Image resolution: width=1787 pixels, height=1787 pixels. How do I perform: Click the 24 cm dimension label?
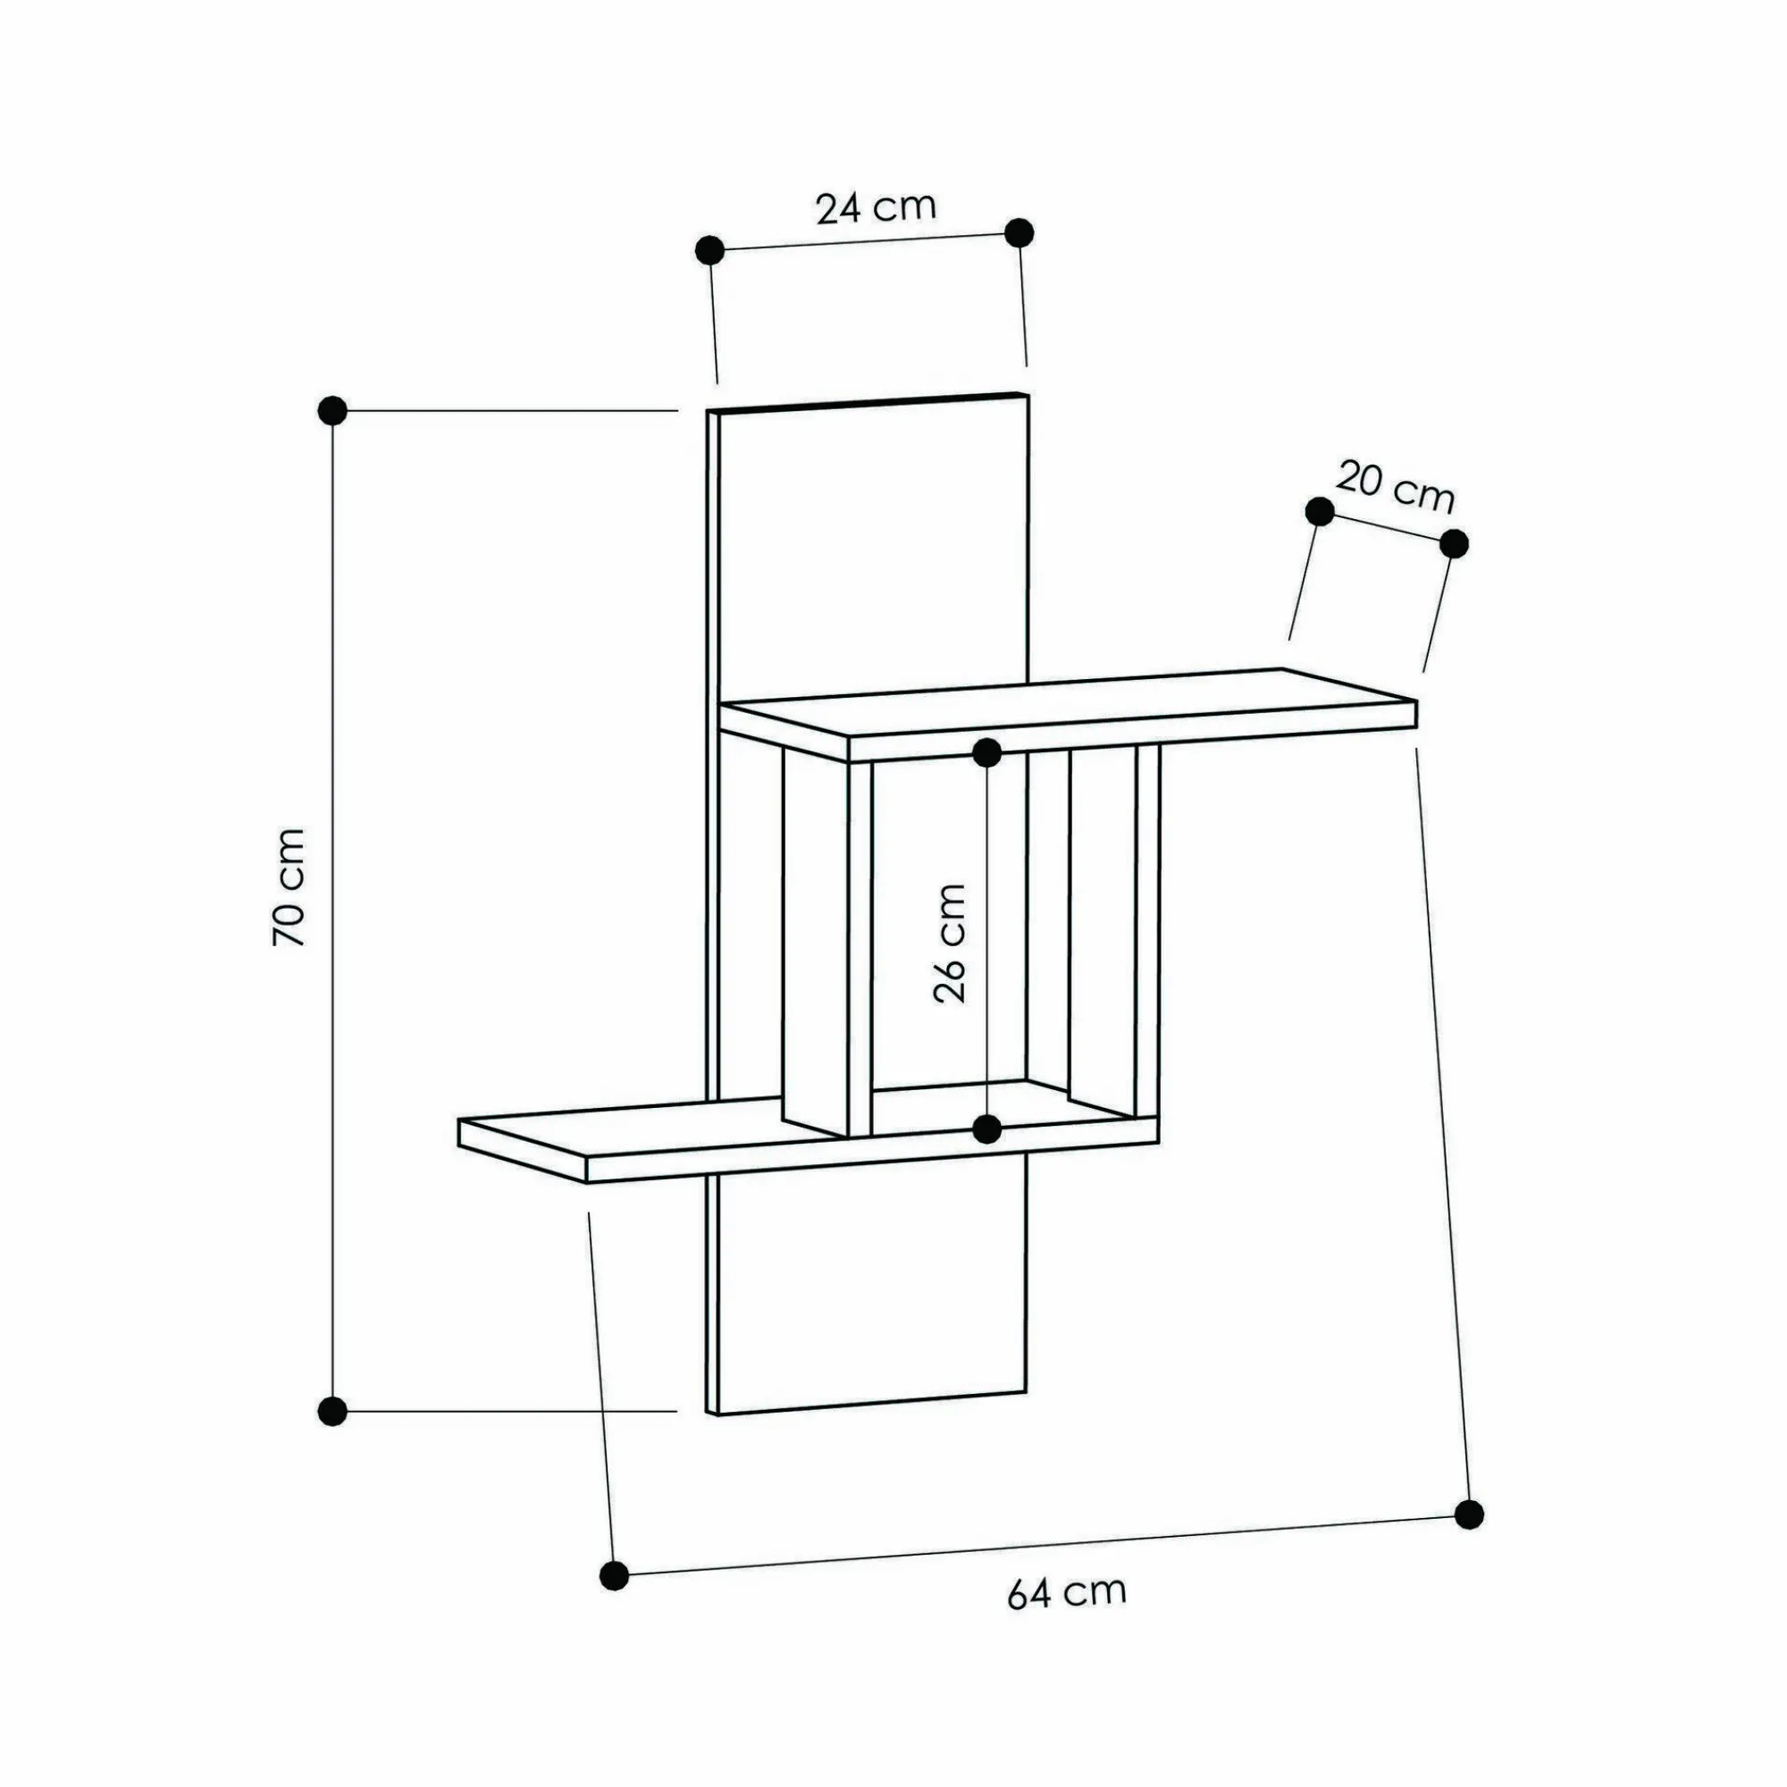click(x=876, y=208)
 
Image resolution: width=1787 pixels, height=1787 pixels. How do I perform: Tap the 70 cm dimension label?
click(x=289, y=887)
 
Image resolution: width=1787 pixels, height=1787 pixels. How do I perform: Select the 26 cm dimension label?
click(x=949, y=944)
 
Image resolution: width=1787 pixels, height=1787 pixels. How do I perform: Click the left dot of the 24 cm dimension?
click(x=709, y=250)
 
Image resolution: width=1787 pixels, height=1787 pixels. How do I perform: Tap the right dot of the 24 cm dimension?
click(x=1019, y=233)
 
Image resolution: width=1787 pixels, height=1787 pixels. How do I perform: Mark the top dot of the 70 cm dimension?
click(x=332, y=410)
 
